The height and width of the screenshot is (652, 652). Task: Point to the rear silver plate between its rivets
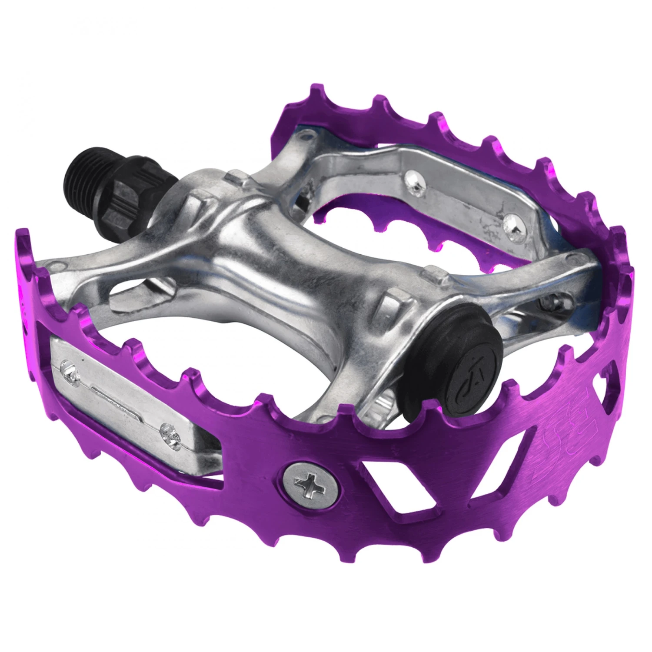(461, 200)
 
